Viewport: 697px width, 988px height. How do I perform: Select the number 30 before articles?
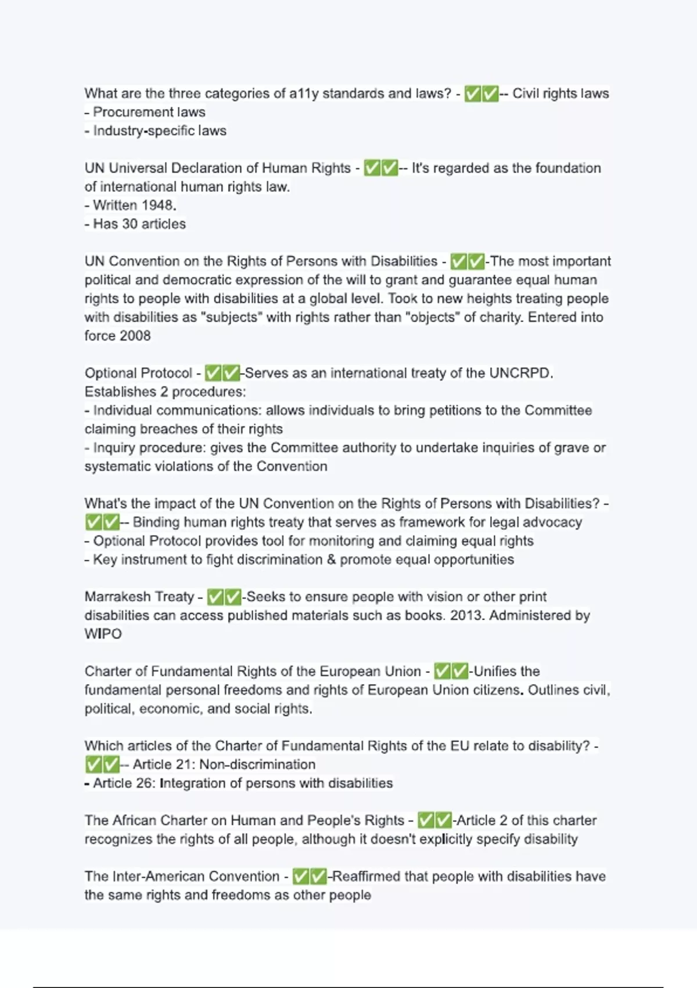(130, 224)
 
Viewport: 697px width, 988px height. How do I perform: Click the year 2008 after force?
(135, 336)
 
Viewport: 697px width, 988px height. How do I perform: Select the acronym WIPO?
(103, 634)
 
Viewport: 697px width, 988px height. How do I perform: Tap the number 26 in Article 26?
(144, 783)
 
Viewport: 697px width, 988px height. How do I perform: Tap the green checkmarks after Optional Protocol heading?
(222, 373)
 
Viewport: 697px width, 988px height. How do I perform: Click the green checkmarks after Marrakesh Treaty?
(224, 597)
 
